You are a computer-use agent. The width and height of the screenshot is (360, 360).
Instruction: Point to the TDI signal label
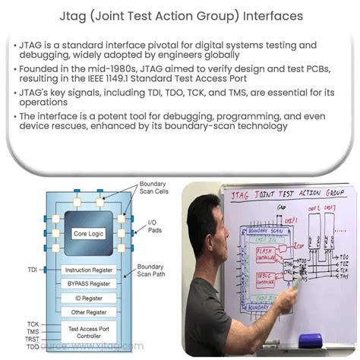pyautogui.click(x=32, y=270)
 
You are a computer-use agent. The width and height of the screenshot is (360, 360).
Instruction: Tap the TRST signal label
pyautogui.click(x=32, y=340)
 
